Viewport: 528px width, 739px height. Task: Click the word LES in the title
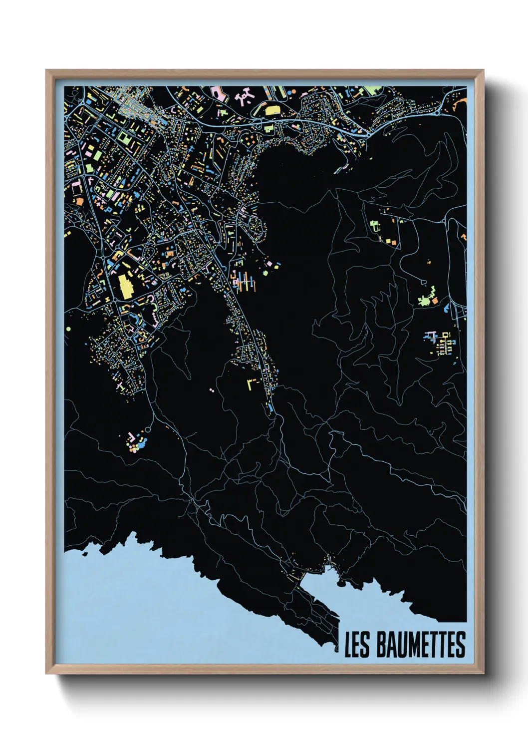357,645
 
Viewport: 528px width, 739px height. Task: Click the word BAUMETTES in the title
420,645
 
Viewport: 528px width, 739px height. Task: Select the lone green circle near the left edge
68,329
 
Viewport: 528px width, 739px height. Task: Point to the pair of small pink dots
212,390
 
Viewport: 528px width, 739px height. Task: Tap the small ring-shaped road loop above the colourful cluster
148,429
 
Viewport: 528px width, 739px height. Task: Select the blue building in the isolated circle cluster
142,443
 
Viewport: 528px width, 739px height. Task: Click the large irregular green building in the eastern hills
426,299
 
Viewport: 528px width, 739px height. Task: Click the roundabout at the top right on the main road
438,112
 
